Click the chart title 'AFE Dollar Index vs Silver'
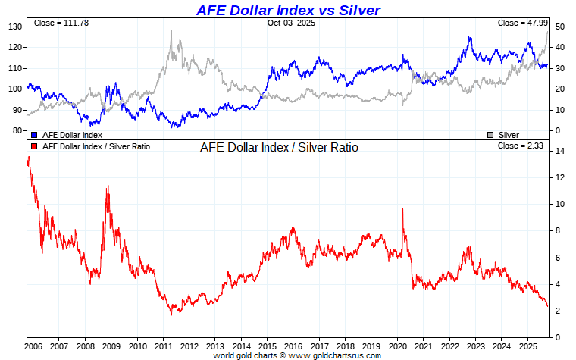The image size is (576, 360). (288, 10)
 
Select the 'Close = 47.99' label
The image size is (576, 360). (522, 23)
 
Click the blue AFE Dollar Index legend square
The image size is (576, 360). (35, 135)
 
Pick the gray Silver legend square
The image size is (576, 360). (490, 135)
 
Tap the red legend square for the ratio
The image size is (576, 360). (35, 146)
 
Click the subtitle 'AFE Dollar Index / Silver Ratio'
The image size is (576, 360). (279, 148)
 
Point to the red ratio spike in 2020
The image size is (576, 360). (402, 208)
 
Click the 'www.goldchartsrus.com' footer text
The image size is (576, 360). (334, 355)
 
